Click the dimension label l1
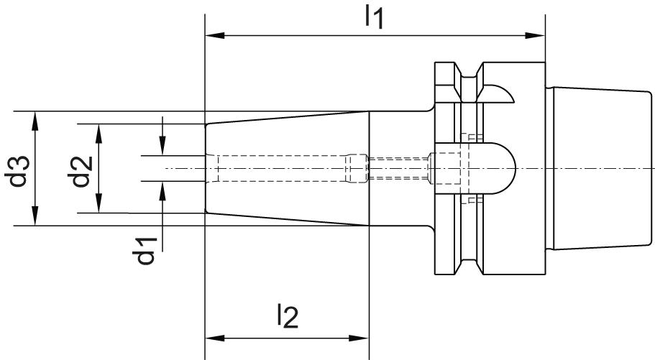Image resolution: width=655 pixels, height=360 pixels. (x=373, y=16)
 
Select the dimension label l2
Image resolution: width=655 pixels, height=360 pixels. (x=286, y=316)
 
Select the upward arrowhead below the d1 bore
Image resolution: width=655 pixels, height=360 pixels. (x=164, y=188)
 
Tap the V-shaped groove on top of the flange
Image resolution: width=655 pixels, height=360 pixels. (x=470, y=73)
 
